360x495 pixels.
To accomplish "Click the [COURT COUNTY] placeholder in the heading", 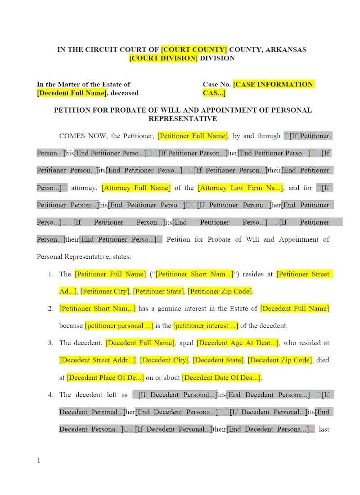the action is pyautogui.click(x=194, y=49).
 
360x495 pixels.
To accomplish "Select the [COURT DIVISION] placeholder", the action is pyautogui.click(x=163, y=58).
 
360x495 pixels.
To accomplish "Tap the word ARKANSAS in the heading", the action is pyautogui.click(x=285, y=49).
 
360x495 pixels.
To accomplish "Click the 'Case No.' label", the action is pyautogui.click(x=216, y=84).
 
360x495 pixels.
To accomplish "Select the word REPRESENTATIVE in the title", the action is pyautogui.click(x=183, y=119).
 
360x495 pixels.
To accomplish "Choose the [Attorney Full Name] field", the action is pyautogui.click(x=136, y=188).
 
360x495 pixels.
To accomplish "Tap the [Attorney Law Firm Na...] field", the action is pyautogui.click(x=241, y=188).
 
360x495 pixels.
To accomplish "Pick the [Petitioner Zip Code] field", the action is pyautogui.click(x=220, y=291).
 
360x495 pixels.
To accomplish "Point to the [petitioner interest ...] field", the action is pyautogui.click(x=206, y=326).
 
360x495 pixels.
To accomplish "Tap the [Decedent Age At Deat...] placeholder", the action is pyautogui.click(x=238, y=343).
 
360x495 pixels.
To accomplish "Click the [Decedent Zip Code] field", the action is pyautogui.click(x=279, y=360).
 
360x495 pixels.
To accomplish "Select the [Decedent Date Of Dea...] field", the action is pyautogui.click(x=221, y=378).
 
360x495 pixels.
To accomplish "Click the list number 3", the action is pyautogui.click(x=50, y=343).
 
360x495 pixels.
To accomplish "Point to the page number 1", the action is pyautogui.click(x=39, y=460).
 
